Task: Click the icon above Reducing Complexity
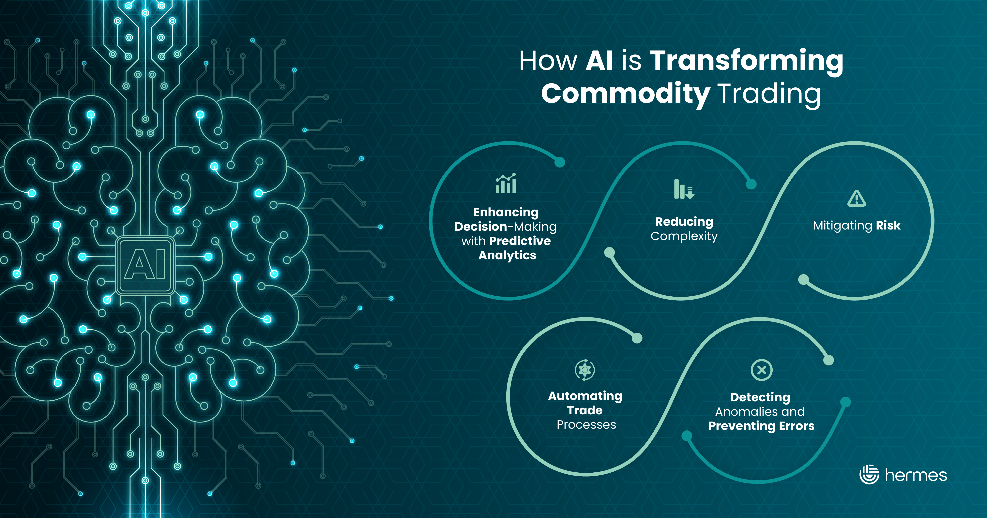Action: coord(684,189)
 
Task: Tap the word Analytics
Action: coord(507,255)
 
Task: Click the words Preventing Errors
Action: coord(761,426)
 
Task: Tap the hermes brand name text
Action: coord(916,475)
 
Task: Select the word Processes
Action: coord(586,424)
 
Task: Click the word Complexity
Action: coord(684,236)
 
